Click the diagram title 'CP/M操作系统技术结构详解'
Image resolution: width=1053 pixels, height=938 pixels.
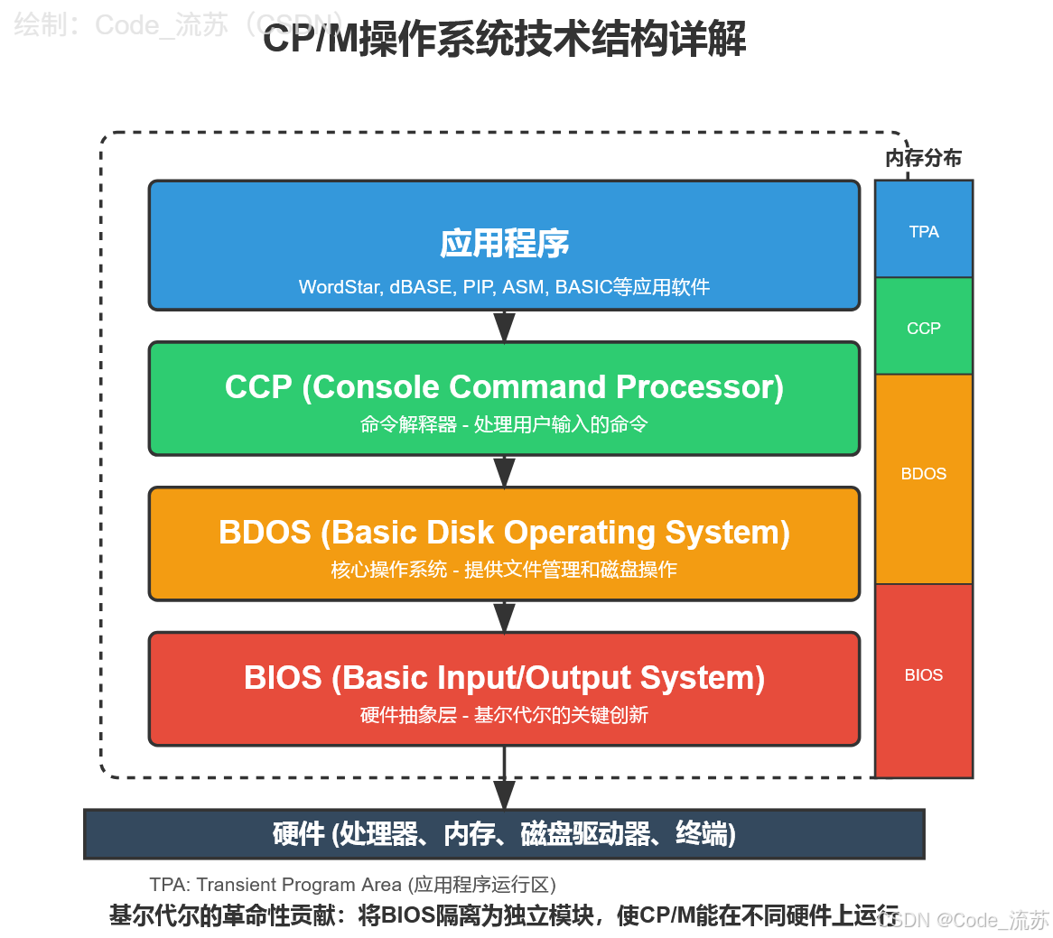504,41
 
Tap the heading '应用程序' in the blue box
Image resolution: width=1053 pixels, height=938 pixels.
504,244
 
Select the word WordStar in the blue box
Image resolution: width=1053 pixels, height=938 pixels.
340,287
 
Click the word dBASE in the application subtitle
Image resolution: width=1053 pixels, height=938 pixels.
421,287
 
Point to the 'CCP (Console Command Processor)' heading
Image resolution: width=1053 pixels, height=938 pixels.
504,387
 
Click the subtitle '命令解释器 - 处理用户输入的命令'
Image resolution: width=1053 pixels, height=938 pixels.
504,424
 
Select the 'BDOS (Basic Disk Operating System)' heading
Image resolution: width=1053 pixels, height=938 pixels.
504,533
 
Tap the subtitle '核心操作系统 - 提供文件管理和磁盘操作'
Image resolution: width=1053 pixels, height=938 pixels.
504,570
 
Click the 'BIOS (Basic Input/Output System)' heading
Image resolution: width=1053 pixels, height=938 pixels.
504,678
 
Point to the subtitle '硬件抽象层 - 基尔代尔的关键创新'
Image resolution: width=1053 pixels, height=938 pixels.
504,715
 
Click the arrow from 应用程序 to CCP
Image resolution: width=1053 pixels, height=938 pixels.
504,327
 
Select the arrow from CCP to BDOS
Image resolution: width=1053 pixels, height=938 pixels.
504,472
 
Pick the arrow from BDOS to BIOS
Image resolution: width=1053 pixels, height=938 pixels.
504,618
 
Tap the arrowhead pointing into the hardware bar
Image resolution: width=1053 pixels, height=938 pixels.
504,794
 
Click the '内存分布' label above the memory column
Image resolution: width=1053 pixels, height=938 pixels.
923,158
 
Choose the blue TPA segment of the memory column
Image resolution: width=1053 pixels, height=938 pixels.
923,231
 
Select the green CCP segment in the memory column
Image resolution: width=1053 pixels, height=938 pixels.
923,328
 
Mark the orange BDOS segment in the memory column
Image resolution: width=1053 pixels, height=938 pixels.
923,474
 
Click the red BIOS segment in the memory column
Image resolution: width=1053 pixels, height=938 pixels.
923,675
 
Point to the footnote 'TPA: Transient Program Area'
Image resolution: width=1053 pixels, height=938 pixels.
276,885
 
